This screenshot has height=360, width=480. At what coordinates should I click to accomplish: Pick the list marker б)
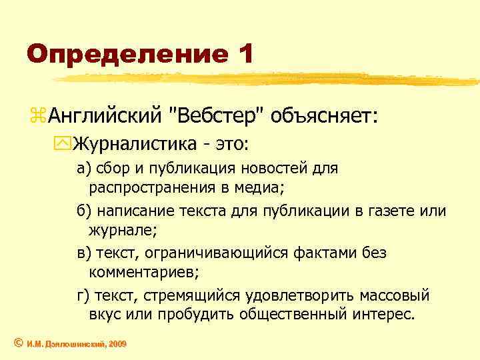click(84, 211)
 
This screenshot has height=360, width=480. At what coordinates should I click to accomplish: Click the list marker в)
click(84, 254)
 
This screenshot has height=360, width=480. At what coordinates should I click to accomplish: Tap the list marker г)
click(83, 296)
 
